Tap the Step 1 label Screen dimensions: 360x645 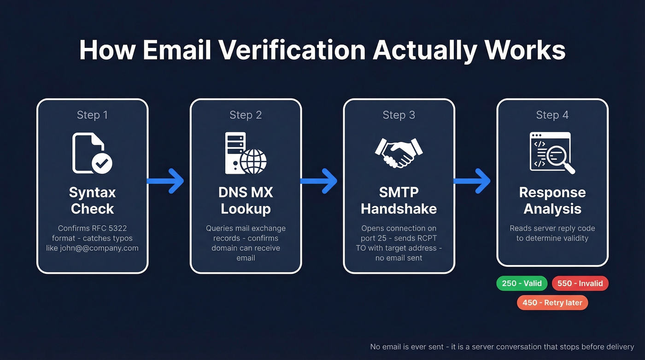tap(92, 115)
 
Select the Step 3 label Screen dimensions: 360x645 tap(399, 115)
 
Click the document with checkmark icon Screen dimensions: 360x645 tap(92, 153)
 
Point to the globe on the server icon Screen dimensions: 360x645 tap(253, 161)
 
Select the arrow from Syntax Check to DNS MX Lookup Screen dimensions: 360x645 tap(166, 181)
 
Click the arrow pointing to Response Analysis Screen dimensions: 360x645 tap(473, 181)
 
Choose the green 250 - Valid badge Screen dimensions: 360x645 tap(522, 283)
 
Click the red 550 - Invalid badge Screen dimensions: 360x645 tap(580, 283)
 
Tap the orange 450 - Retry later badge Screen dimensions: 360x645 tap(552, 302)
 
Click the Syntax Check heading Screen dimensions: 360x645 tap(92, 201)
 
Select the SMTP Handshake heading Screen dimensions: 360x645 tap(399, 201)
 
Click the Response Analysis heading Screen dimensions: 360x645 tap(552, 201)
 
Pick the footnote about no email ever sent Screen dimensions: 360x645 tap(502, 347)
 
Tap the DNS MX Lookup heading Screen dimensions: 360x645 tap(246, 201)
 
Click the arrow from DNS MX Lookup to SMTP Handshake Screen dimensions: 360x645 tap(319, 181)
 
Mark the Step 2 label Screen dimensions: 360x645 tap(246, 115)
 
